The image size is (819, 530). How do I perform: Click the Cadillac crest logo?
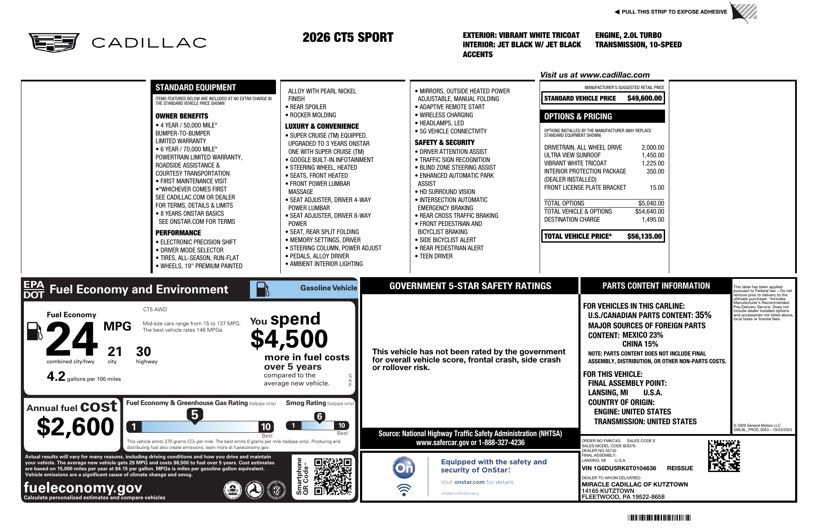pyautogui.click(x=54, y=43)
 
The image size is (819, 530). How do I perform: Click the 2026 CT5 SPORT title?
pyautogui.click(x=348, y=38)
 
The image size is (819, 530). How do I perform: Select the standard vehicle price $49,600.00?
pyautogui.click(x=644, y=98)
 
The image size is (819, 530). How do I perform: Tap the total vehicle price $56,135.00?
pyautogui.click(x=644, y=236)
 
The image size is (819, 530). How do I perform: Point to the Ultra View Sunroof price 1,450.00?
pyautogui.click(x=653, y=155)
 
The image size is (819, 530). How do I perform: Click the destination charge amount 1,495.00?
pyautogui.click(x=653, y=220)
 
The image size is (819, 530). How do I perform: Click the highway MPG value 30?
pyautogui.click(x=143, y=352)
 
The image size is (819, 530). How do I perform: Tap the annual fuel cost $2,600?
pyautogui.click(x=76, y=427)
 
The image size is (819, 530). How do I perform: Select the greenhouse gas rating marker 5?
pyautogui.click(x=195, y=415)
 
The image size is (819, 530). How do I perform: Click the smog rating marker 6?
pyautogui.click(x=319, y=417)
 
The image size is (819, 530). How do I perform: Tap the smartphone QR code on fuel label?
pyautogui.click(x=333, y=477)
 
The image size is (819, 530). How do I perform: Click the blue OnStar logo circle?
pyautogui.click(x=404, y=468)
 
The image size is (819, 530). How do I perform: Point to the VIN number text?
pyautogui.click(x=619, y=468)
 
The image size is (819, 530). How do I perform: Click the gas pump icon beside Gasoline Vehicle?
pyautogui.click(x=262, y=289)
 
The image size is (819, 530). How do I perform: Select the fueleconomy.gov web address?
pyautogui.click(x=83, y=487)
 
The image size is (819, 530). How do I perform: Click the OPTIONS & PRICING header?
pyautogui.click(x=578, y=116)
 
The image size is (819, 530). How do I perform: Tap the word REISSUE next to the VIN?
pyautogui.click(x=680, y=468)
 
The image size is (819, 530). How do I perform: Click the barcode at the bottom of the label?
pyautogui.click(x=659, y=518)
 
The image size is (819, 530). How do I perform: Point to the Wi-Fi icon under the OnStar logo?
pyautogui.click(x=404, y=489)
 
